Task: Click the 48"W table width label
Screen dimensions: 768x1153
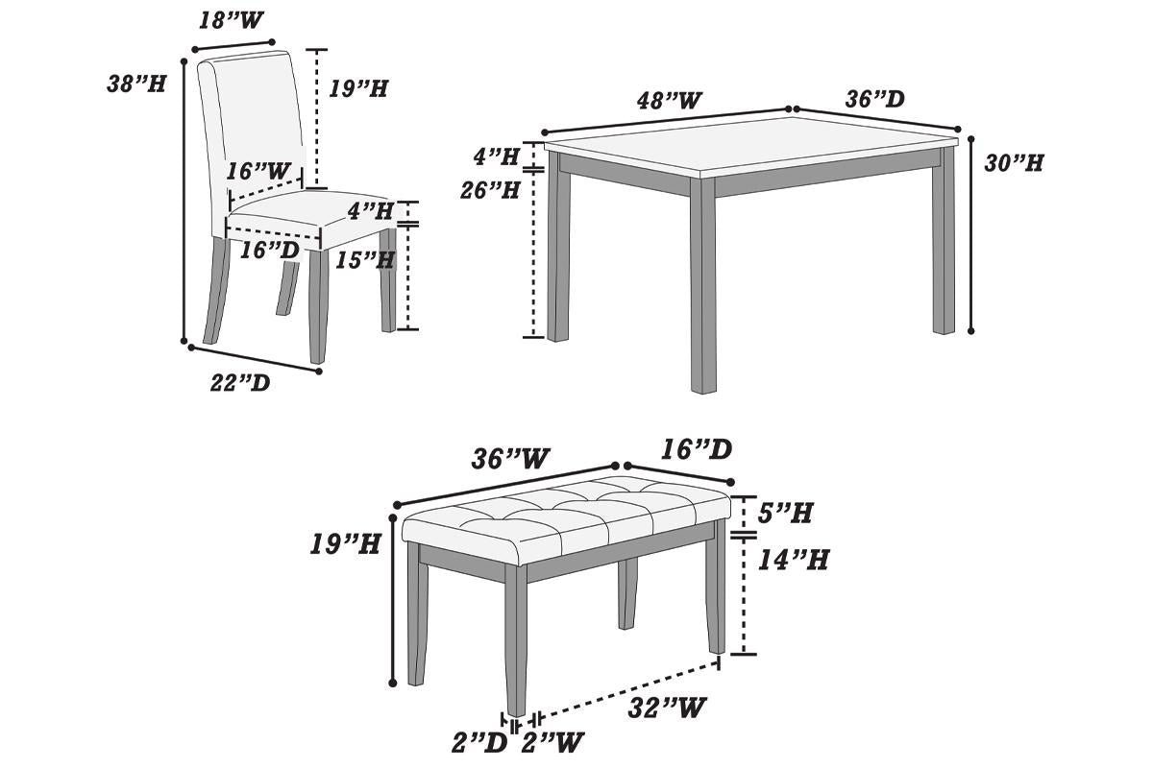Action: coord(669,100)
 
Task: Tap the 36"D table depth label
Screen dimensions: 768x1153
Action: coord(874,99)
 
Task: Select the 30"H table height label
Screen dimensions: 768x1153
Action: coord(1014,163)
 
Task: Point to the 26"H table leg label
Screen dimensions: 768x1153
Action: coord(490,190)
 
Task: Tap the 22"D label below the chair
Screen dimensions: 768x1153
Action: coord(240,384)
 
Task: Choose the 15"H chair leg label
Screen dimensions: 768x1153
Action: coord(364,259)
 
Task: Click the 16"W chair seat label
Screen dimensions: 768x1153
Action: coord(258,171)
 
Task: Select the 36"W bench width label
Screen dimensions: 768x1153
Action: coord(509,459)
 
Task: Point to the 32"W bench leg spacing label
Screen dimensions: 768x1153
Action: coord(668,708)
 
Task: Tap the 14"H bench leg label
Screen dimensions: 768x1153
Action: coord(793,559)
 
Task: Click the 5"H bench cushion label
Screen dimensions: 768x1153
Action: coord(786,513)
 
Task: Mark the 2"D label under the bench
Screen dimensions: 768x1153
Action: coord(480,742)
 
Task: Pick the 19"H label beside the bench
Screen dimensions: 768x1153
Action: coord(345,544)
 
